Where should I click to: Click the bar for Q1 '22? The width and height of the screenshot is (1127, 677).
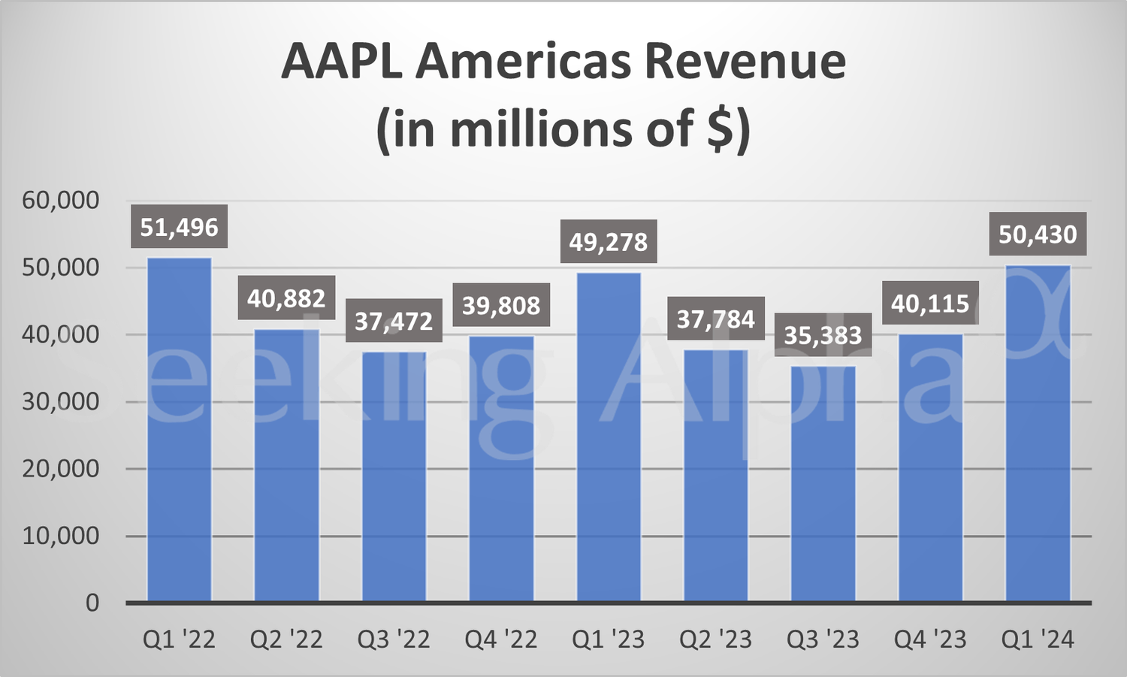[x=179, y=430]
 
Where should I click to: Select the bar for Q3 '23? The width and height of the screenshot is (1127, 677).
[x=823, y=484]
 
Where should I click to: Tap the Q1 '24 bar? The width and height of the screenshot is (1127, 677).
[x=1038, y=434]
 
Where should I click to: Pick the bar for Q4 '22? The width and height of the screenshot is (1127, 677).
[x=501, y=469]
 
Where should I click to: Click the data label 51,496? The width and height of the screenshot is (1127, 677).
[x=179, y=227]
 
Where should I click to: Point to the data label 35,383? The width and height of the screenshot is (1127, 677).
[x=823, y=335]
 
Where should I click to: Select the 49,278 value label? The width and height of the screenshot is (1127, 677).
[x=609, y=242]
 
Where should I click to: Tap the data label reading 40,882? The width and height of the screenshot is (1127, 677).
[x=286, y=298]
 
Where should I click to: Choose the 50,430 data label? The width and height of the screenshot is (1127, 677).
[x=1038, y=234]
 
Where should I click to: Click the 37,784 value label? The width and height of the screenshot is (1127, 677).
[x=716, y=319]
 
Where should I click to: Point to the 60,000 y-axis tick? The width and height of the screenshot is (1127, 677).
[x=60, y=201]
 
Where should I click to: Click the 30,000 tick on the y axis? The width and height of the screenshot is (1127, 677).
[x=60, y=402]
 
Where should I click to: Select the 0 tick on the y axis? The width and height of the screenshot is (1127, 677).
[x=92, y=603]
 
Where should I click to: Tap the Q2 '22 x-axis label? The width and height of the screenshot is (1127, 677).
[x=286, y=639]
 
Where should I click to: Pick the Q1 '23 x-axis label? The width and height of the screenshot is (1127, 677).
[x=609, y=639]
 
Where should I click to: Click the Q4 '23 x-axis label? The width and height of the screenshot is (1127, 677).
[x=930, y=639]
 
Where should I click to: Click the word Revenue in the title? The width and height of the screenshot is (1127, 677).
[x=745, y=62]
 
